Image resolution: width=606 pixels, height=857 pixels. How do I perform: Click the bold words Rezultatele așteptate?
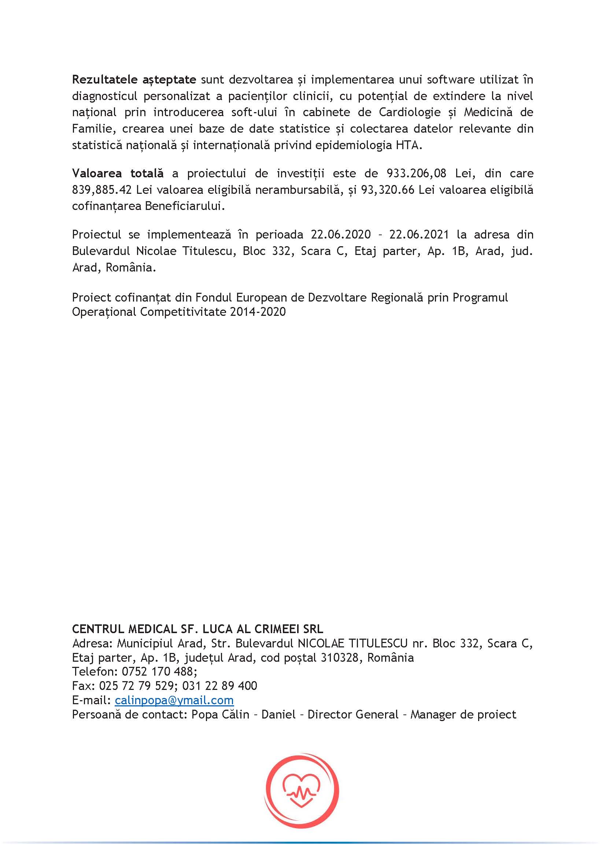[x=134, y=80]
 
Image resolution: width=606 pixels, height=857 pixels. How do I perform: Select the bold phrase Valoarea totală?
[x=118, y=174]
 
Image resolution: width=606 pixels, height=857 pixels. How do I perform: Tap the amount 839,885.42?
[x=101, y=190]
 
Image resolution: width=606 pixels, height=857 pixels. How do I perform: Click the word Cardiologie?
[x=410, y=112]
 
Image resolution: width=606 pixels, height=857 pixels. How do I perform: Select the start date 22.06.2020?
[x=341, y=235]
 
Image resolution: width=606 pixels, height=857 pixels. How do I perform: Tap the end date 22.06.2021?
[x=419, y=235]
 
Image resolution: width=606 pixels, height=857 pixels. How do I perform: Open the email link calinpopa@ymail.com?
[x=174, y=701]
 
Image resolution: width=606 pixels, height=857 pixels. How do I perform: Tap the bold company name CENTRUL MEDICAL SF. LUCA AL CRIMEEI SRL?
[x=197, y=629]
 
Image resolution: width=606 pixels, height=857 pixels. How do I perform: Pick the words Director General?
[x=353, y=715]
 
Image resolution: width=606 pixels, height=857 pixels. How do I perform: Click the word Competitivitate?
[x=183, y=312]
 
